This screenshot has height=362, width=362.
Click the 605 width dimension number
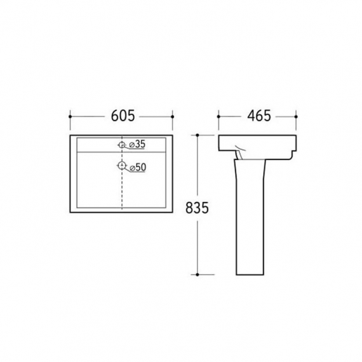(123, 116)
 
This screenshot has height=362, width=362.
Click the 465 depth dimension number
(259, 116)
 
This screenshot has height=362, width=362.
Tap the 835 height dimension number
(197, 208)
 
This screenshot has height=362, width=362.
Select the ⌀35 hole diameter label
(138, 144)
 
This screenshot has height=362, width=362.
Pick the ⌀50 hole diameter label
(138, 168)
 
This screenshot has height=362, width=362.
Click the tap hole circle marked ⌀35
(121, 145)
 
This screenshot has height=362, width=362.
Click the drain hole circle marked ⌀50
(121, 165)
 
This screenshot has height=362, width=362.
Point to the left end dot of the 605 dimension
(70, 117)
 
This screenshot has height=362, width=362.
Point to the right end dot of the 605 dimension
(172, 117)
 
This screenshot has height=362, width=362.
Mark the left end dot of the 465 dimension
(218, 117)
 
